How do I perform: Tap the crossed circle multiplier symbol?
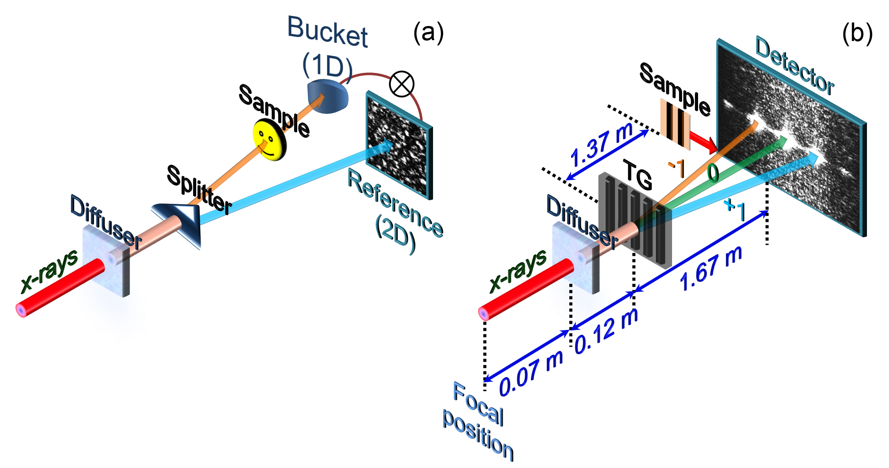pos(402,84)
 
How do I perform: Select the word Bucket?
pos(327,32)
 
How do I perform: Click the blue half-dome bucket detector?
pos(328,96)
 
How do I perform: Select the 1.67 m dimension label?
pos(710,269)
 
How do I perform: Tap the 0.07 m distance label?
pos(531,373)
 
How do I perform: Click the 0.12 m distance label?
pos(607,331)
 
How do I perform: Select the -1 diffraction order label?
pos(676,168)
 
